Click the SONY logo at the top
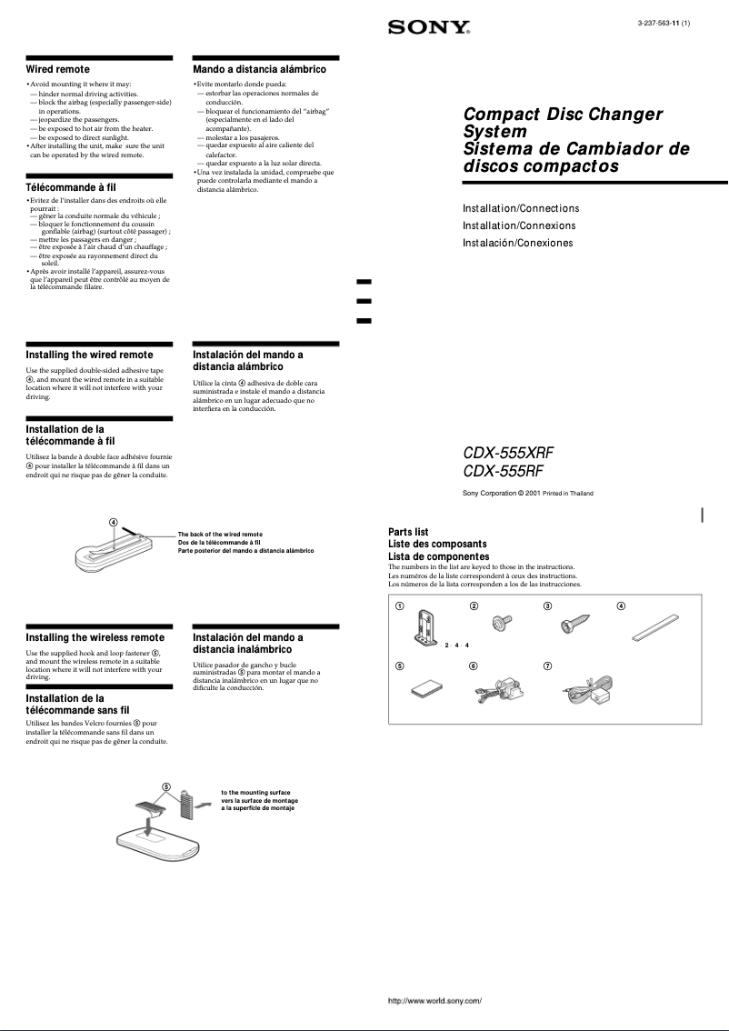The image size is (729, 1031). pyautogui.click(x=429, y=27)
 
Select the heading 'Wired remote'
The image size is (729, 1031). pyautogui.click(x=57, y=69)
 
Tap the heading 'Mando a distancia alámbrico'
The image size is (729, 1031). pyautogui.click(x=259, y=69)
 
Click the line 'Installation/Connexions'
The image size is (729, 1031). pyautogui.click(x=519, y=225)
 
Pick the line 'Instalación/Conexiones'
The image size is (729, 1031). pyautogui.click(x=517, y=243)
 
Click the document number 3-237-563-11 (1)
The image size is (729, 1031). pyautogui.click(x=664, y=22)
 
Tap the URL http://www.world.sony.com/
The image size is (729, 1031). pyautogui.click(x=434, y=1001)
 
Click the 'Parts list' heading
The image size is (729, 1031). pyautogui.click(x=408, y=532)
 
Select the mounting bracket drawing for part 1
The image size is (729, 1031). pyautogui.click(x=424, y=628)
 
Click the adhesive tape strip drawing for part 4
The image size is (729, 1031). pyautogui.click(x=654, y=629)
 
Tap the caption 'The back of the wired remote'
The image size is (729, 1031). pyautogui.click(x=220, y=535)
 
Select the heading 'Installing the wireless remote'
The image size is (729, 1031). pyautogui.click(x=95, y=637)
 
